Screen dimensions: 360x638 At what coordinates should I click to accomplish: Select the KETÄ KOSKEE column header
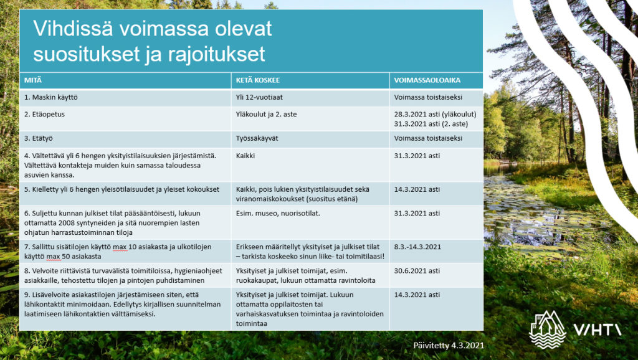coord(257,80)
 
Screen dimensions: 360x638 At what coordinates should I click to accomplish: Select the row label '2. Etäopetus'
coord(44,115)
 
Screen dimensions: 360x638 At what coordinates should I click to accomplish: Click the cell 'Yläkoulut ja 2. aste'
coord(269,115)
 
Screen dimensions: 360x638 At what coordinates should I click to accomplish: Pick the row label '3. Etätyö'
coord(39,138)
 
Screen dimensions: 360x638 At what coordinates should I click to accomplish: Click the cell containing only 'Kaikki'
coord(246,155)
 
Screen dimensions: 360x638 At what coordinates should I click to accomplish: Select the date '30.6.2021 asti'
coord(417,271)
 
